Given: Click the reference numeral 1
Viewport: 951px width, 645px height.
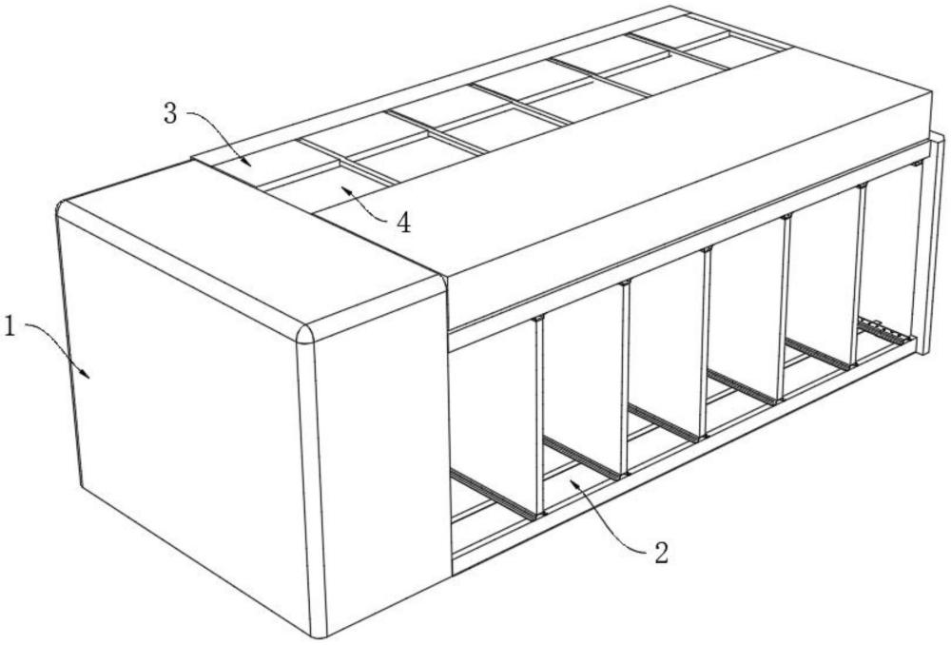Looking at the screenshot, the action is click(10, 327).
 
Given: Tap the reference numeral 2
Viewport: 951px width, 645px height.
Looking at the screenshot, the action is click(661, 553).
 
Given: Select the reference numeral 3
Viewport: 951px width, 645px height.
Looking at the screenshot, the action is click(171, 113).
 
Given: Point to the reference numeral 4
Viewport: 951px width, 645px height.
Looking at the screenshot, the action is click(403, 223).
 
